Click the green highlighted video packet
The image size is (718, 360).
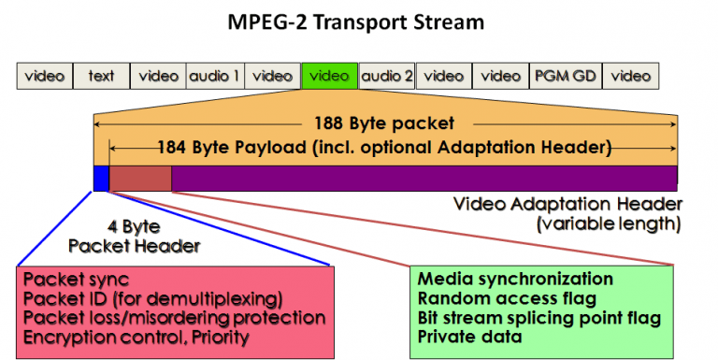coord(329,76)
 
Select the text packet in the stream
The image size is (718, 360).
coord(101,76)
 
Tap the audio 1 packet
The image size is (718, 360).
coord(215,76)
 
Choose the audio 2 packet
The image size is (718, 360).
coord(386,76)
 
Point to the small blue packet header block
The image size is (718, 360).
coord(101,178)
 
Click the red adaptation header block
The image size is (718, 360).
coord(140,178)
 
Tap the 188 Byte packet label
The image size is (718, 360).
coord(384,123)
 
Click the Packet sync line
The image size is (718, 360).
coord(77,280)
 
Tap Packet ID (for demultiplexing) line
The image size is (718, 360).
coord(152,298)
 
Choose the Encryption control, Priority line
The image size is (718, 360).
coord(136,337)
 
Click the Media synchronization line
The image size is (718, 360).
coord(515,280)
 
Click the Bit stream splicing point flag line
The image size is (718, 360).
coord(539,318)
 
